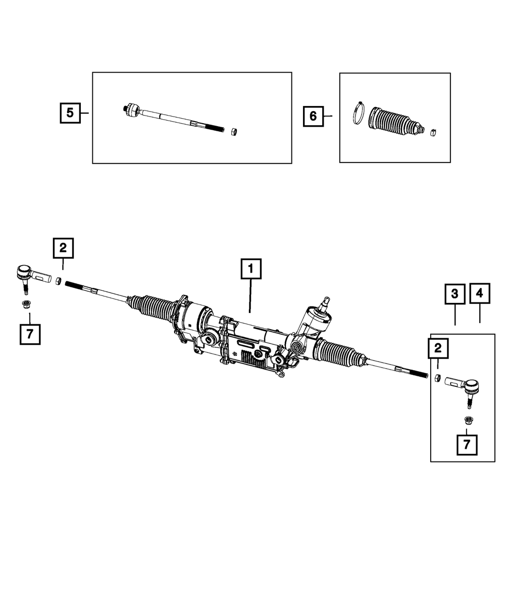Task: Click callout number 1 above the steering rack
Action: (x=251, y=269)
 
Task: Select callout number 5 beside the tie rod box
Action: (x=70, y=113)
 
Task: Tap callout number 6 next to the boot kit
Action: (x=313, y=117)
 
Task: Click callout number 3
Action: (x=455, y=293)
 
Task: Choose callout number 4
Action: (x=479, y=293)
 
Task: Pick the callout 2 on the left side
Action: (x=63, y=248)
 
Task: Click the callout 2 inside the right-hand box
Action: (x=437, y=348)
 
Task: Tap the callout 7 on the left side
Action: (x=30, y=334)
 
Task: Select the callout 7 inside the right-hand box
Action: (x=467, y=445)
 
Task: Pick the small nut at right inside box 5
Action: (x=234, y=132)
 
